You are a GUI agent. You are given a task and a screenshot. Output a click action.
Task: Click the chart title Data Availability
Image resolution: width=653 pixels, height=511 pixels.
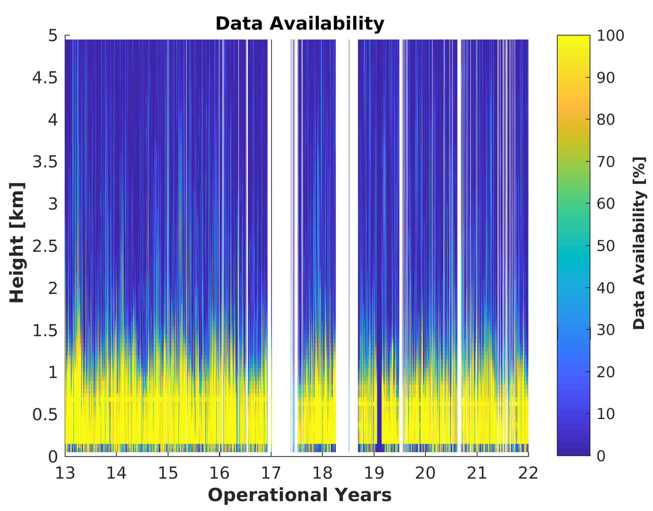coord(300,24)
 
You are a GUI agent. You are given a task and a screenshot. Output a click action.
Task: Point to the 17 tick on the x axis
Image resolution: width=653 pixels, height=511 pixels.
coord(271,473)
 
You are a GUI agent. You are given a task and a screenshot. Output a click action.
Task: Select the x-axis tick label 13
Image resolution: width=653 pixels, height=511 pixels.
coord(65,473)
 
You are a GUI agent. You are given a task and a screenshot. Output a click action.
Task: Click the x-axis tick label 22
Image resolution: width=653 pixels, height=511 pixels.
coord(528,473)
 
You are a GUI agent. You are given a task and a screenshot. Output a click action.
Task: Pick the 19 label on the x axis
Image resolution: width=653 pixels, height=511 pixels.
coord(374,473)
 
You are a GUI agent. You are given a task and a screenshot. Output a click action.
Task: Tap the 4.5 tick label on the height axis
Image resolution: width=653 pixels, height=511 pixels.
coord(45,78)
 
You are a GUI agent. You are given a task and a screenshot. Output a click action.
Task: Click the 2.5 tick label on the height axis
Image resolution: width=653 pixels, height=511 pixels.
coord(45,246)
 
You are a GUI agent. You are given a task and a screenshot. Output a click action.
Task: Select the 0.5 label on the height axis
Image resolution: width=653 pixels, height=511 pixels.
coord(45,415)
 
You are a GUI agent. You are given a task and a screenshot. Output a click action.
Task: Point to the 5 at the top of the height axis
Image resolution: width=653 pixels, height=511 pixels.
coord(53,36)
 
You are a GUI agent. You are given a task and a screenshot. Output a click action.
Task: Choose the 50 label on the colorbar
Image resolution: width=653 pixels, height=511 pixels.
coord(606,246)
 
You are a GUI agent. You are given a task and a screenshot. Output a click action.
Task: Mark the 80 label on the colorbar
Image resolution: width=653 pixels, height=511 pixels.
coord(606,120)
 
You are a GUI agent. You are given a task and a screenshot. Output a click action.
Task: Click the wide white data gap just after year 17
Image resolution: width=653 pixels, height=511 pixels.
coord(281,239)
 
